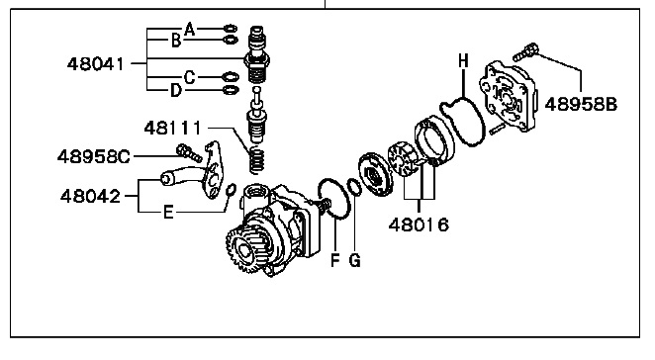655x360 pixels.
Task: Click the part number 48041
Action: click(96, 64)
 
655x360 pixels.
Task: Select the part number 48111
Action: click(173, 128)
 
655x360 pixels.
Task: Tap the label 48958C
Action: click(94, 157)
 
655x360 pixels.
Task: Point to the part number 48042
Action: click(91, 196)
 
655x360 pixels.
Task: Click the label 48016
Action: click(419, 225)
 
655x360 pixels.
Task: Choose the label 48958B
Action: click(581, 104)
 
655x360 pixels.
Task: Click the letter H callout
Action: click(463, 61)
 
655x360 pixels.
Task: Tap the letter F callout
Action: click(335, 260)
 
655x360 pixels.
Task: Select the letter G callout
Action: click(354, 260)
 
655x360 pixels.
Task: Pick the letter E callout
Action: click(168, 213)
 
